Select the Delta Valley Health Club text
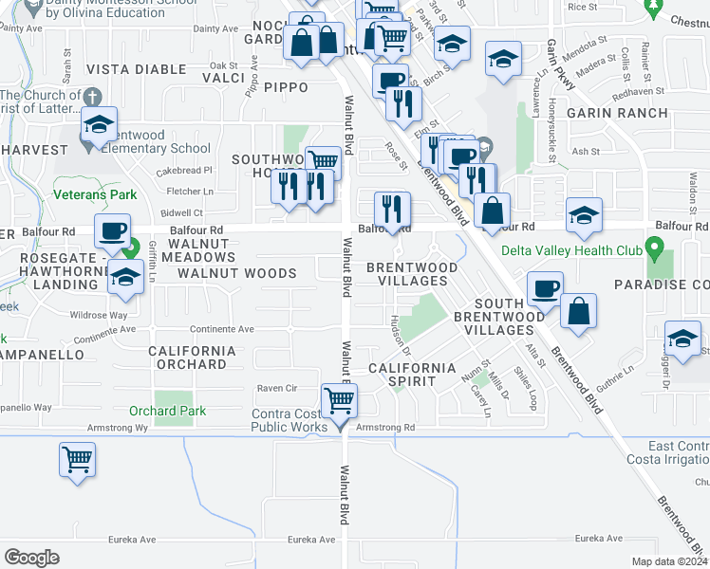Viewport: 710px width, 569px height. [x=581, y=251]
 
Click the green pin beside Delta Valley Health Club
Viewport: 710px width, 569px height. [x=653, y=250]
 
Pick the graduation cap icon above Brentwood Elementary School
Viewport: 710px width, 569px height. [x=97, y=123]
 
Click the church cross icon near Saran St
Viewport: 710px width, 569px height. [x=92, y=97]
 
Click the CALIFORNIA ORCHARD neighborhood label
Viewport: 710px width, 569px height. [x=192, y=358]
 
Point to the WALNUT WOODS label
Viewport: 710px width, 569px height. [x=237, y=273]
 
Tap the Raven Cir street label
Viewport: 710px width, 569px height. [x=277, y=388]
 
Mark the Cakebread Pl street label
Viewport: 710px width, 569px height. [x=191, y=171]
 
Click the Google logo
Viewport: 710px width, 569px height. [x=31, y=557]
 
